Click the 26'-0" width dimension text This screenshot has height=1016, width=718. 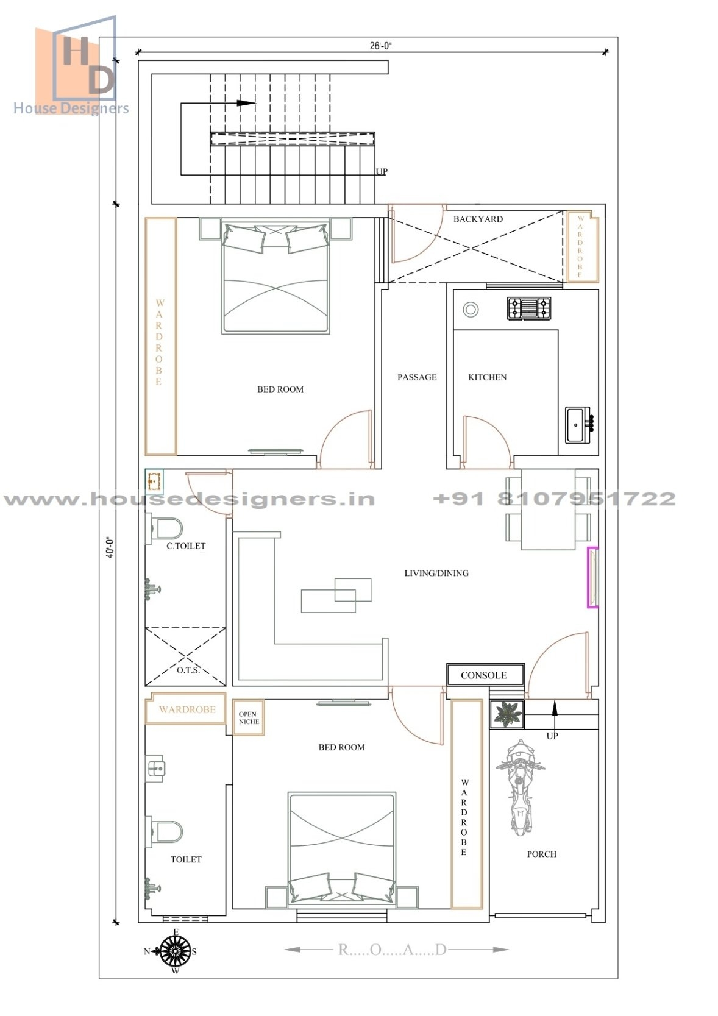coord(381,46)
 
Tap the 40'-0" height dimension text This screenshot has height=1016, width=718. coord(110,547)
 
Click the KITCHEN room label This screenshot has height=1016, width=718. coord(487,377)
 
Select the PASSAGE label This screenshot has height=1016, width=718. coord(417,377)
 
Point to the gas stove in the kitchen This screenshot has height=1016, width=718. coord(529,308)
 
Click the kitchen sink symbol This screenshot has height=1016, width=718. coord(578,424)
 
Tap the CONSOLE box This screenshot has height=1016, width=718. coord(485,675)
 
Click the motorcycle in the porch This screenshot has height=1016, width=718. coord(519,786)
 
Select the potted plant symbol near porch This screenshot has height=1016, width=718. coord(507,714)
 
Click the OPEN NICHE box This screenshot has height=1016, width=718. coord(248,717)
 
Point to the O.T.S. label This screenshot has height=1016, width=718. coord(188,670)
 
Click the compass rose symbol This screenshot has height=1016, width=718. coord(175,951)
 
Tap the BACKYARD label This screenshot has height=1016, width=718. coord(478,219)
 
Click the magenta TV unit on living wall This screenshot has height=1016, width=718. coord(592,577)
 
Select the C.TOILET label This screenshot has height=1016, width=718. coord(186,546)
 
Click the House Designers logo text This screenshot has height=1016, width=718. coord(71,108)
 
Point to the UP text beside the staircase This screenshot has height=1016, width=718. coord(382,171)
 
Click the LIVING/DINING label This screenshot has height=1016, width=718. coord(436,573)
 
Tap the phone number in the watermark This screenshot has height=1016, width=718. coord(553,499)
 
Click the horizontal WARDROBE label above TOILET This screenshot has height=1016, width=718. coord(187,709)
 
